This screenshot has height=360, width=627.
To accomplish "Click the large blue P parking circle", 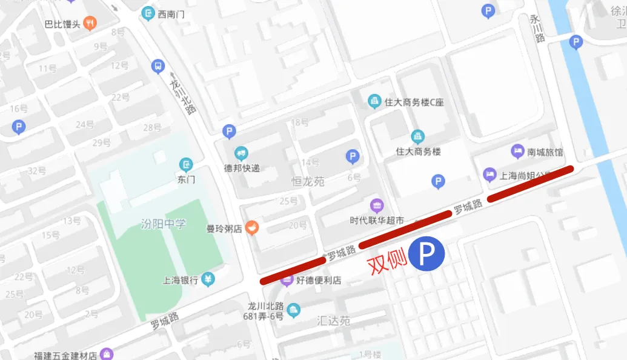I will point(426,254).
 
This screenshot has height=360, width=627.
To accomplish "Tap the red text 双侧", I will point(387,262).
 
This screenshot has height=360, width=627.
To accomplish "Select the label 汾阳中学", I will point(163,223).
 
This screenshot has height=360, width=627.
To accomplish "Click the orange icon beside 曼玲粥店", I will point(252,228).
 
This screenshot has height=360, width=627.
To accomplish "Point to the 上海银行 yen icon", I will point(208,279).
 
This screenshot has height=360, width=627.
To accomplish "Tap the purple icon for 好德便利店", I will point(287,280).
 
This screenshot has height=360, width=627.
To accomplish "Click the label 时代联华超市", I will point(377,221).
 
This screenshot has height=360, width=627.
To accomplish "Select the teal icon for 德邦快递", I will point(242,153).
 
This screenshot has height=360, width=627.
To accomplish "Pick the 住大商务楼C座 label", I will point(414,102).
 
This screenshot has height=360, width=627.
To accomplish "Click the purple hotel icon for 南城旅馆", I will point(517,150).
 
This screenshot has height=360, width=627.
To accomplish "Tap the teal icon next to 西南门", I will point(148,13).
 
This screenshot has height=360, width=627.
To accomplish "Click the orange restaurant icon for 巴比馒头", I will point(90,24).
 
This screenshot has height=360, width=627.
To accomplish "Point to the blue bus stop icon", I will point(158,66).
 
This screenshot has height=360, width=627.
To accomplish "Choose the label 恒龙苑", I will point(308,181).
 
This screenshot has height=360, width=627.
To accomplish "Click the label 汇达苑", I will point(333,321).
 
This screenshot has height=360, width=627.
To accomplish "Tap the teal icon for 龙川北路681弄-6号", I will point(293,310).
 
